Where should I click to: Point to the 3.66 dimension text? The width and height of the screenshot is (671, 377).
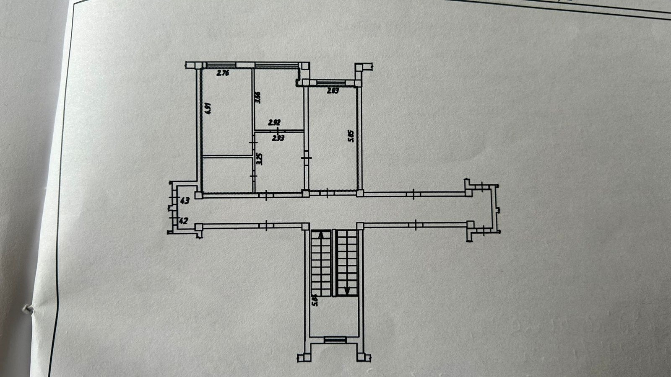tap(258, 97)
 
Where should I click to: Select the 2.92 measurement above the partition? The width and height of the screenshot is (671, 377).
tap(274, 123)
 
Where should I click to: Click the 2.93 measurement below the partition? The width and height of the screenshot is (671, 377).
tap(278, 137)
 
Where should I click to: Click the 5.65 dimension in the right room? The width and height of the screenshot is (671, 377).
tap(351, 136)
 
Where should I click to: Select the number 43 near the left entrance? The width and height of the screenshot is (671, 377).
tap(185, 201)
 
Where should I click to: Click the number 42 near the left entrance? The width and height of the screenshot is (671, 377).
tap(184, 220)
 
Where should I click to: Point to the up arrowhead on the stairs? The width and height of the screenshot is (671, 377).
tap(321, 235)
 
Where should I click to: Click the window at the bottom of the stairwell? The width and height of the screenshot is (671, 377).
tap(335, 340)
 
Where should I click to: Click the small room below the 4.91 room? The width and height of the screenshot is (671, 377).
tap(227, 174)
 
